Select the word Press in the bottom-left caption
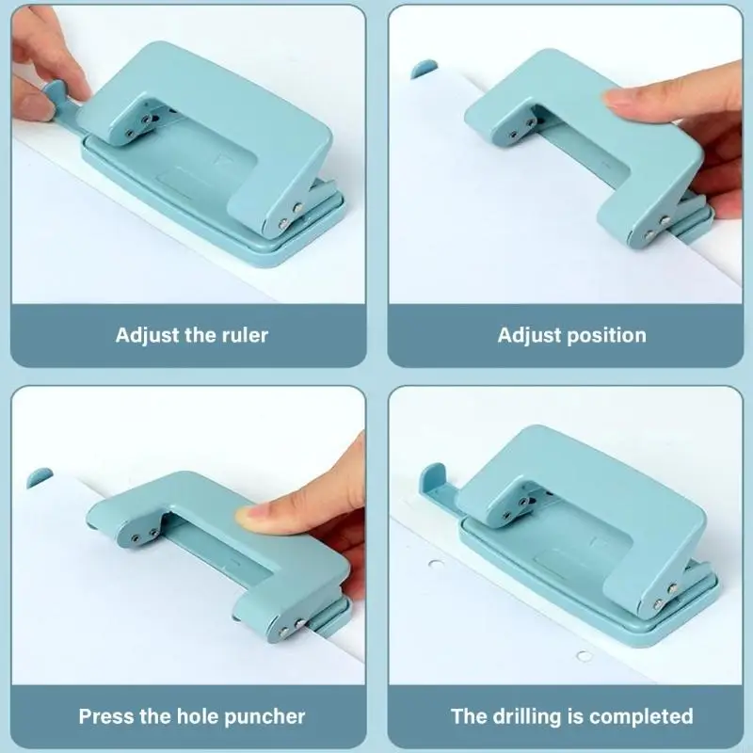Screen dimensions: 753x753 [107, 716]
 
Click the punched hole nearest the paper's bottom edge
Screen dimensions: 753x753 [584, 656]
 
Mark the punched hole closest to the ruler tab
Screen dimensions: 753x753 [436, 566]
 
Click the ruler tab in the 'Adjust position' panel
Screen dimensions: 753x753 [425, 68]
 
